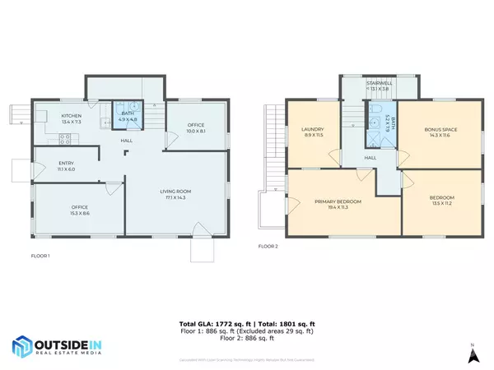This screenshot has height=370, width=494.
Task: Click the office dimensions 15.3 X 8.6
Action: [x=80, y=211]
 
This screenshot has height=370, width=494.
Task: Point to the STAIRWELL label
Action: [x=380, y=83]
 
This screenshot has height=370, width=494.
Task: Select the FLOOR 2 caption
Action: [x=268, y=246]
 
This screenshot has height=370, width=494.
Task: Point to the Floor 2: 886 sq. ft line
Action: [x=246, y=339]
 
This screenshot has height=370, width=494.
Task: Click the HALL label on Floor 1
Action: [x=127, y=141]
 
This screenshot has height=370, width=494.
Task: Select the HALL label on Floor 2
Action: [x=370, y=157]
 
